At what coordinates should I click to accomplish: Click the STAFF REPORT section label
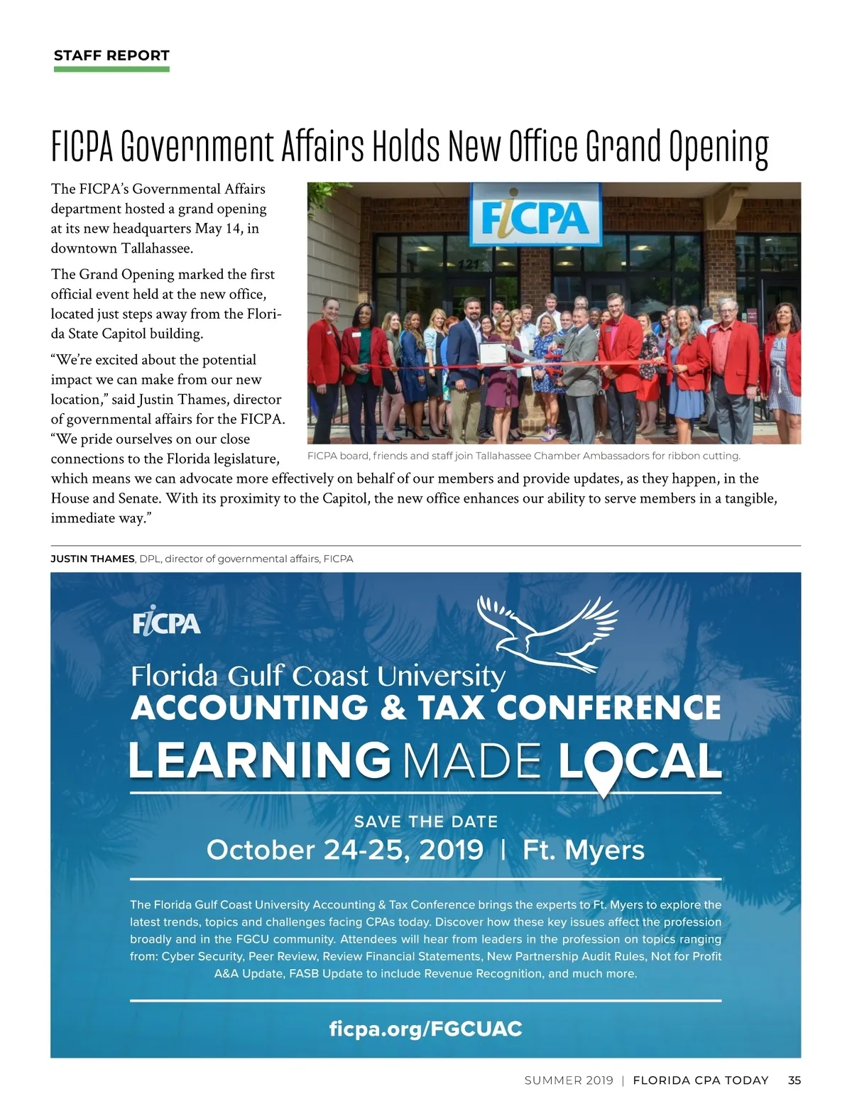coord(111,55)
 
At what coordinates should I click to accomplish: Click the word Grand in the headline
coord(623,146)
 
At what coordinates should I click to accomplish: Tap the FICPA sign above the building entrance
coord(535,215)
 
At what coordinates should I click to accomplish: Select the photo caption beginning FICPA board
coord(523,456)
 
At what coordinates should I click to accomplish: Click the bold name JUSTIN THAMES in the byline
coord(92,559)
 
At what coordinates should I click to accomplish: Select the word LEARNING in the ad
coord(259,760)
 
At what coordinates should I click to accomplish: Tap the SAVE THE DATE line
coord(426,822)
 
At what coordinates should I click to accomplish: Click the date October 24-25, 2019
coord(345,850)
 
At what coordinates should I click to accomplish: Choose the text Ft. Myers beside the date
coord(584,850)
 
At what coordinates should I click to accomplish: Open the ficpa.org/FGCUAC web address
coord(426,1029)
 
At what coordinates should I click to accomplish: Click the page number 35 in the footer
coord(794,1080)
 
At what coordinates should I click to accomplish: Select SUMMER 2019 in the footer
coord(569,1080)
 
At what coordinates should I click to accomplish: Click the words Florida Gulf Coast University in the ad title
coord(317,676)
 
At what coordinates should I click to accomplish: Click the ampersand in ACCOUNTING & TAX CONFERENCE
coord(393,708)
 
